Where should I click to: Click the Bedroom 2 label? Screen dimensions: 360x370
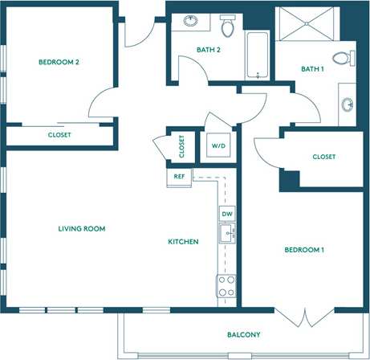coord(59,62)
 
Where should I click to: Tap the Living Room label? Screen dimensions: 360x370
coord(82,229)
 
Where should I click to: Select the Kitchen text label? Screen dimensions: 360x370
coord(183,242)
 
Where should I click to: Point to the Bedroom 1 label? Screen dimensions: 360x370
coord(304,250)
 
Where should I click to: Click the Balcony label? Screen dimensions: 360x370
coord(243,334)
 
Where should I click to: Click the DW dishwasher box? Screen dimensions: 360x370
coord(227,214)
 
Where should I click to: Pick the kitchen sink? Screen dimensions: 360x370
coord(227,234)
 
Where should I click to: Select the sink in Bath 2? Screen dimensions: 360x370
coord(190,22)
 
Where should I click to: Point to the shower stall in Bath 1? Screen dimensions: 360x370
coord(306,26)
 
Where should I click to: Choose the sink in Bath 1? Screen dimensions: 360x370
coord(348,103)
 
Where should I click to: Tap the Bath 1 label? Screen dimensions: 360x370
coord(311,69)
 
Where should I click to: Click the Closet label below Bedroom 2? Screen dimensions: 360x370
coord(59,135)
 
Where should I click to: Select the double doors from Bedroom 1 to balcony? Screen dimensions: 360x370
coord(305,317)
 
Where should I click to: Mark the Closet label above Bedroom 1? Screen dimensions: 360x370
coord(323,157)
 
